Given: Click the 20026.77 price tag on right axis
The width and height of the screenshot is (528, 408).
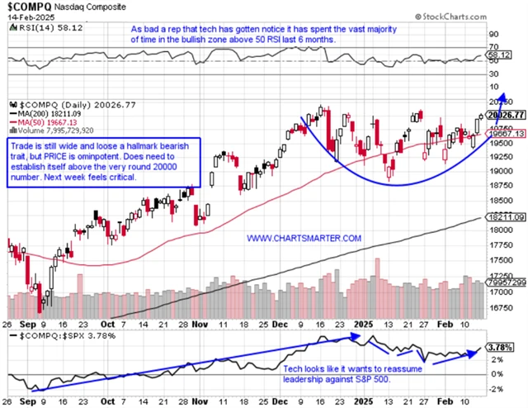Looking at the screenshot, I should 504,115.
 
